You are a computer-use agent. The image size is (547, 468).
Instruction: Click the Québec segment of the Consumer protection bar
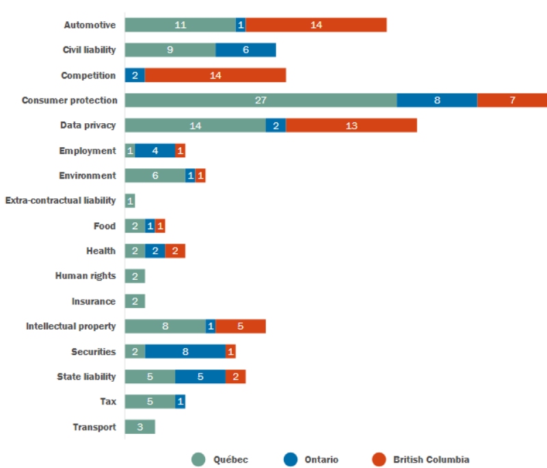point(261,100)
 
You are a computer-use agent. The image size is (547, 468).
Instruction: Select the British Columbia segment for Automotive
point(316,25)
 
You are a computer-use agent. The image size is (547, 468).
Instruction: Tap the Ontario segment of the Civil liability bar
point(245,50)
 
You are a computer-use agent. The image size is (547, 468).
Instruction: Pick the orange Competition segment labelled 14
point(215,75)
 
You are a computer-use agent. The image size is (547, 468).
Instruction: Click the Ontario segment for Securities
point(185,352)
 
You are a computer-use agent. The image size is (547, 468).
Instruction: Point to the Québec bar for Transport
point(139,427)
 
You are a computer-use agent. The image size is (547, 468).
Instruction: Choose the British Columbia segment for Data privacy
point(351,125)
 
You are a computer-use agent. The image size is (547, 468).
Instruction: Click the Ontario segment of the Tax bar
point(181,402)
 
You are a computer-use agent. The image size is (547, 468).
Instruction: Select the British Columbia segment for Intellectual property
point(241,326)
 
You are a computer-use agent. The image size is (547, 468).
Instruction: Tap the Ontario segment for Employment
point(155,151)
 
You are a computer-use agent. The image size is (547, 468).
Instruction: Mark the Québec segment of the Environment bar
point(155,176)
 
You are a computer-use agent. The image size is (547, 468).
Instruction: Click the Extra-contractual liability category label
point(61,200)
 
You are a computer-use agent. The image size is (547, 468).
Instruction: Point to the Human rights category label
point(85,276)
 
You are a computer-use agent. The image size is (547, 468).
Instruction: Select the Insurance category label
point(94,301)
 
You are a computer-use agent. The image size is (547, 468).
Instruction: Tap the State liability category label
point(86,376)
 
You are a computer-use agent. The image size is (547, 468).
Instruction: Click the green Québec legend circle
point(198,460)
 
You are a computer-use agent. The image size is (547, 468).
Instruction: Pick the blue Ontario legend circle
point(289,460)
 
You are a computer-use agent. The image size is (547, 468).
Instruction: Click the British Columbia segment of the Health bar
point(175,251)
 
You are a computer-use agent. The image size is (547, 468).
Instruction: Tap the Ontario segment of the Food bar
point(150,226)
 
